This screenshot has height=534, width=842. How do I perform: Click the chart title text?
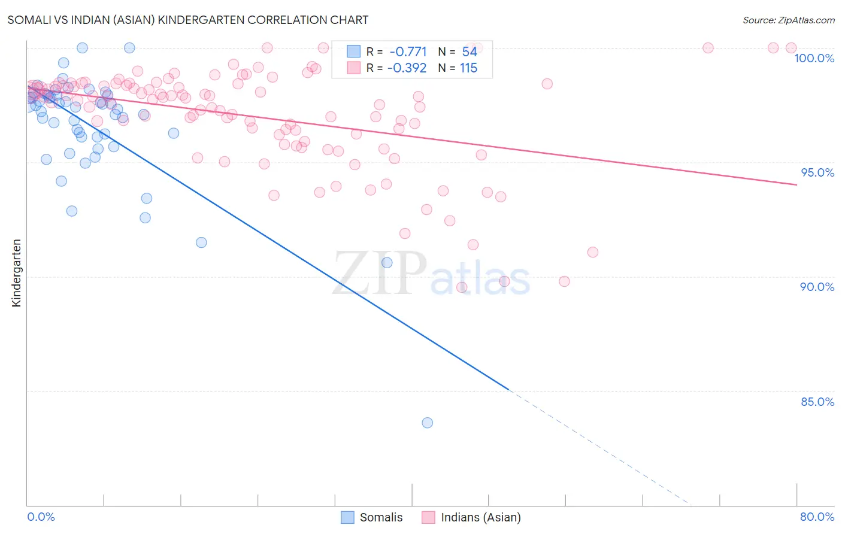pos(187,20)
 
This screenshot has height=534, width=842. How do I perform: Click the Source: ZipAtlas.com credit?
pos(788,20)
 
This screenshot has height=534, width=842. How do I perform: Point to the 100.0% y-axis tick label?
pos(814,58)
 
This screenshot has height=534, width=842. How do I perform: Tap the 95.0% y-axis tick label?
pos(817,172)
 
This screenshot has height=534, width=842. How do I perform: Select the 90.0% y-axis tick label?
pos(817,287)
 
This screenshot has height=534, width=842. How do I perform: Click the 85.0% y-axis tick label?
pos(817,402)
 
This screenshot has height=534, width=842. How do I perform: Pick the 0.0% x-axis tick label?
pos(41,517)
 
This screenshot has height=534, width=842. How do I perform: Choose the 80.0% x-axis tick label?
pos(817,517)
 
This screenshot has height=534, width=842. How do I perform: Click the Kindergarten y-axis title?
pos(17,273)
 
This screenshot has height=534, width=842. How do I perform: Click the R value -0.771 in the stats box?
pos(408,52)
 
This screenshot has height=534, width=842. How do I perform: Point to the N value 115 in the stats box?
pos(468,68)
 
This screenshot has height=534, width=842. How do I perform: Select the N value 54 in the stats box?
pos(470,52)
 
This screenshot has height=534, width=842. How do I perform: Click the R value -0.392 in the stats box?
pos(407,68)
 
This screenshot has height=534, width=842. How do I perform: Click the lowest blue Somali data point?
pos(427,423)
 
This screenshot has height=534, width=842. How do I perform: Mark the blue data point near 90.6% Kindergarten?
pos(387,262)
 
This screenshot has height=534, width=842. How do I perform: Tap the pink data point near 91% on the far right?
pos(593,252)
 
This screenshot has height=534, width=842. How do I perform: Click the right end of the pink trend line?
pos(796,185)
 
